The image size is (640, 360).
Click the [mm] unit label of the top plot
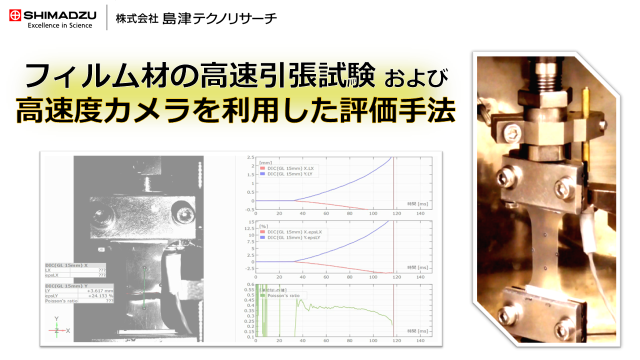(x=265, y=161)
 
